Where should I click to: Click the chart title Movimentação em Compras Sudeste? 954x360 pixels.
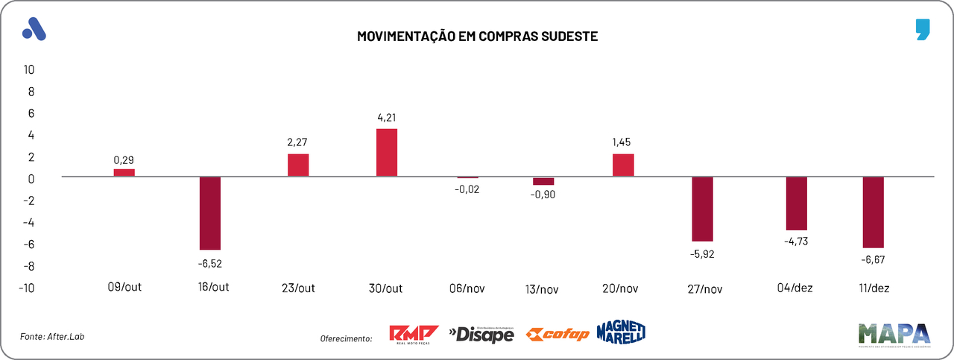click(x=477, y=36)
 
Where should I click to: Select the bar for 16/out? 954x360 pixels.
click(x=209, y=213)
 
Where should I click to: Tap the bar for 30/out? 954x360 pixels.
click(x=386, y=153)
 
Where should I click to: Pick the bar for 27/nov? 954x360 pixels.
click(x=703, y=209)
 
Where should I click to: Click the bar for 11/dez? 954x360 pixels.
click(x=873, y=212)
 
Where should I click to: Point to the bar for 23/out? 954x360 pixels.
click(x=298, y=165)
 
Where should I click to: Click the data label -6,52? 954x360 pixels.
click(x=209, y=262)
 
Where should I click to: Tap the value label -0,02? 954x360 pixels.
click(x=467, y=189)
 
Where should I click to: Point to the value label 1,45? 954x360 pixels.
click(x=623, y=142)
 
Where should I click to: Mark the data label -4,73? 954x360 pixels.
click(x=796, y=241)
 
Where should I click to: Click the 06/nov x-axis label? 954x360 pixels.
click(x=467, y=289)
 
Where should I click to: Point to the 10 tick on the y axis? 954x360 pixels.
click(x=29, y=69)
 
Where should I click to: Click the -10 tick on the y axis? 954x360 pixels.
click(x=27, y=288)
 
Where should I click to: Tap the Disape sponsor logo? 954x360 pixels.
click(x=481, y=335)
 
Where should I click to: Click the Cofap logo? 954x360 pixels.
click(x=557, y=335)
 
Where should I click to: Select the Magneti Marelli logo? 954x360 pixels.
click(x=621, y=332)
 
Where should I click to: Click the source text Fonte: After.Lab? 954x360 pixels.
click(x=52, y=337)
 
